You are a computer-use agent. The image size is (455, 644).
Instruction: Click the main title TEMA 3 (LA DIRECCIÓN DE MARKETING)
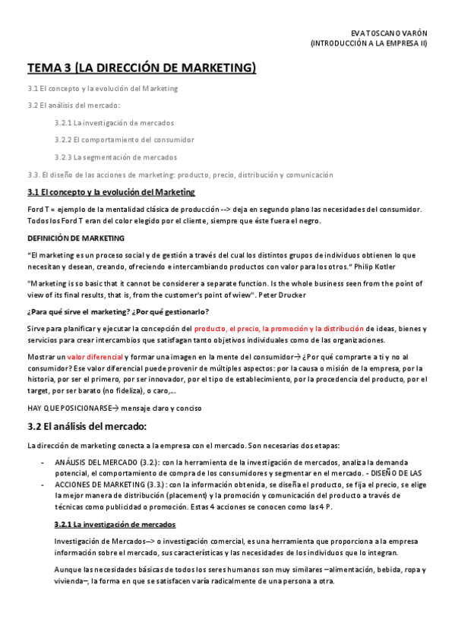coord(142,68)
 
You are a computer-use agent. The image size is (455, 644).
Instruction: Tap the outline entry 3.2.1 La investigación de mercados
coord(114,122)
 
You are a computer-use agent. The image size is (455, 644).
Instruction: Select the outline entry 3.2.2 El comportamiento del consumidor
coord(124,140)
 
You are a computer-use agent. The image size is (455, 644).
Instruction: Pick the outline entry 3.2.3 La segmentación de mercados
coord(115,157)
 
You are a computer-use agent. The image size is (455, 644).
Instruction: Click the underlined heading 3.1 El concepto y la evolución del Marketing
coord(111,192)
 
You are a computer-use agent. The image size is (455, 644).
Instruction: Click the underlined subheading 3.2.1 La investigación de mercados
coord(115,524)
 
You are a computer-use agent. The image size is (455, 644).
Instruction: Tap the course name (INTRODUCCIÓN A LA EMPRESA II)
coord(369,44)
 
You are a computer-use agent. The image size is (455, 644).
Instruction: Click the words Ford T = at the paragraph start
coord(39,209)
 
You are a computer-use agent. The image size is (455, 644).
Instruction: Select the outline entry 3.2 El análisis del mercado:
coord(74,106)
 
